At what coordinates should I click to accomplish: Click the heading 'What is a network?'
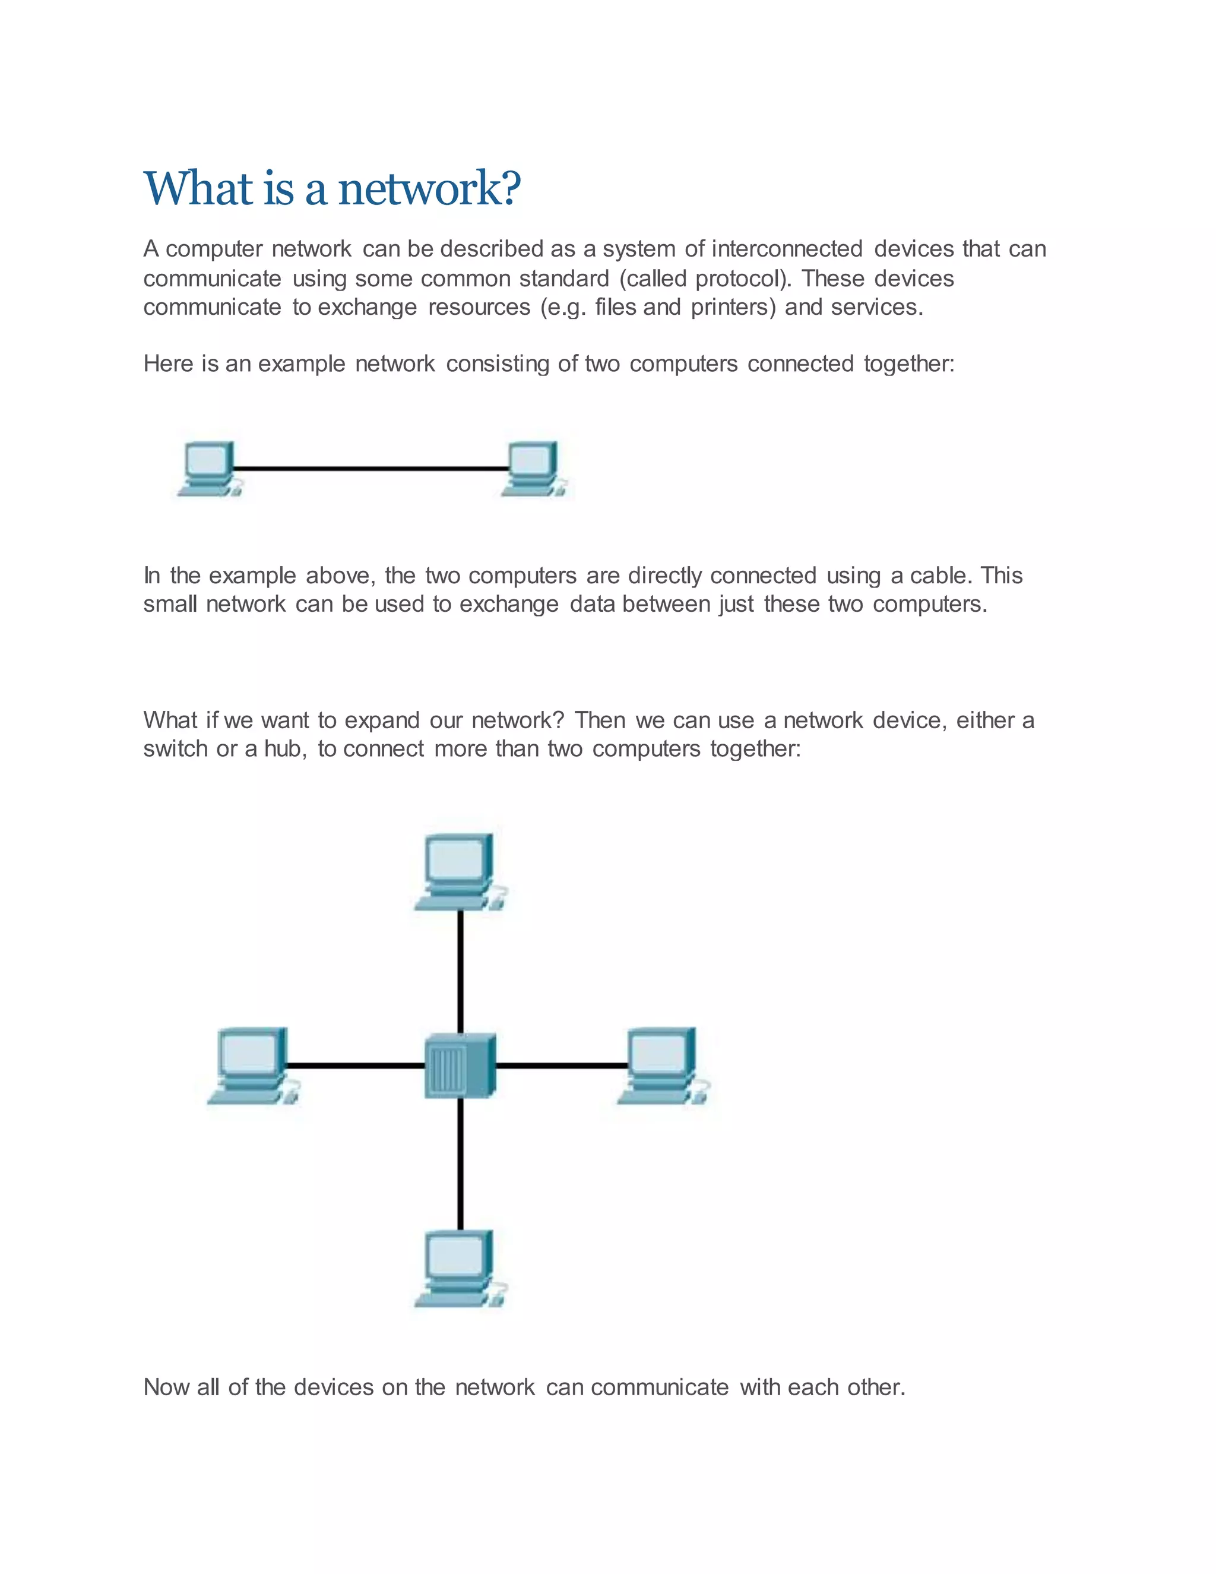point(332,189)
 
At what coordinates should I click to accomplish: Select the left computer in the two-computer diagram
point(208,469)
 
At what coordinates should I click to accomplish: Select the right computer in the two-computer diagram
point(533,469)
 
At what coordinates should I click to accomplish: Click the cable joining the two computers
point(371,469)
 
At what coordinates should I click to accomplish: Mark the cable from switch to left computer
point(355,1065)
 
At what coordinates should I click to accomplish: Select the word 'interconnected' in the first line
point(787,249)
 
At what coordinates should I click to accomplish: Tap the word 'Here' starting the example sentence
point(169,364)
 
